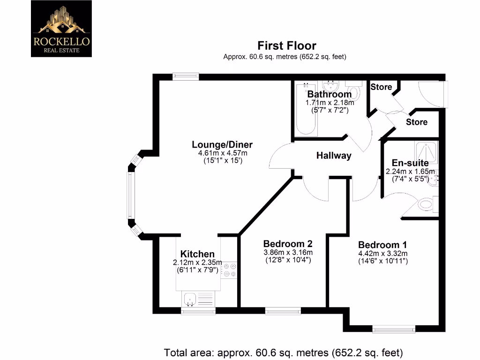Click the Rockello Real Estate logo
61,29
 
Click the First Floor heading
287,46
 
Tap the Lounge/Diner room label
222,144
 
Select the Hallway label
334,156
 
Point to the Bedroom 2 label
288,244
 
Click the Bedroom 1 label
382,245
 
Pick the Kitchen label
197,254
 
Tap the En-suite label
410,163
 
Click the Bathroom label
329,94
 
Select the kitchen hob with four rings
230,270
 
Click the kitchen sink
190,297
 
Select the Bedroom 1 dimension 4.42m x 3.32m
382,254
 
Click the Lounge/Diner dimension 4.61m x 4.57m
222,153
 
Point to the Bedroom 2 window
283,310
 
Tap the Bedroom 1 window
394,330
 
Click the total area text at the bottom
283,352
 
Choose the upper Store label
381,87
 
